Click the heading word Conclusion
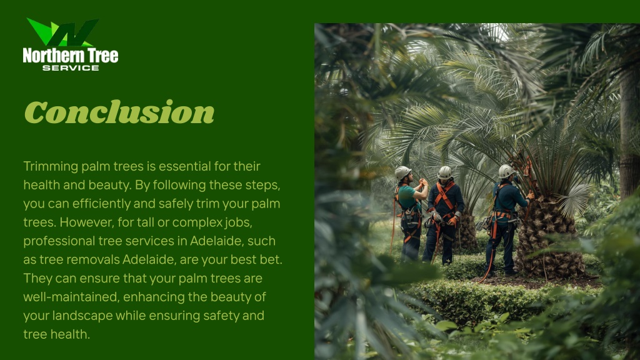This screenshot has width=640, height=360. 119,112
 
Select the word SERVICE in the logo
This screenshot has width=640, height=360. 71,68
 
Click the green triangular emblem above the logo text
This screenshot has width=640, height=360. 62,32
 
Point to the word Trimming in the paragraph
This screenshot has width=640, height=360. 51,166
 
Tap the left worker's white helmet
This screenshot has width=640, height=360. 402,172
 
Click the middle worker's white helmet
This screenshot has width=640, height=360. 444,172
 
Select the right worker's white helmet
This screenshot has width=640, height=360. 506,171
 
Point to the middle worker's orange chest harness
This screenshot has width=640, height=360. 444,196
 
